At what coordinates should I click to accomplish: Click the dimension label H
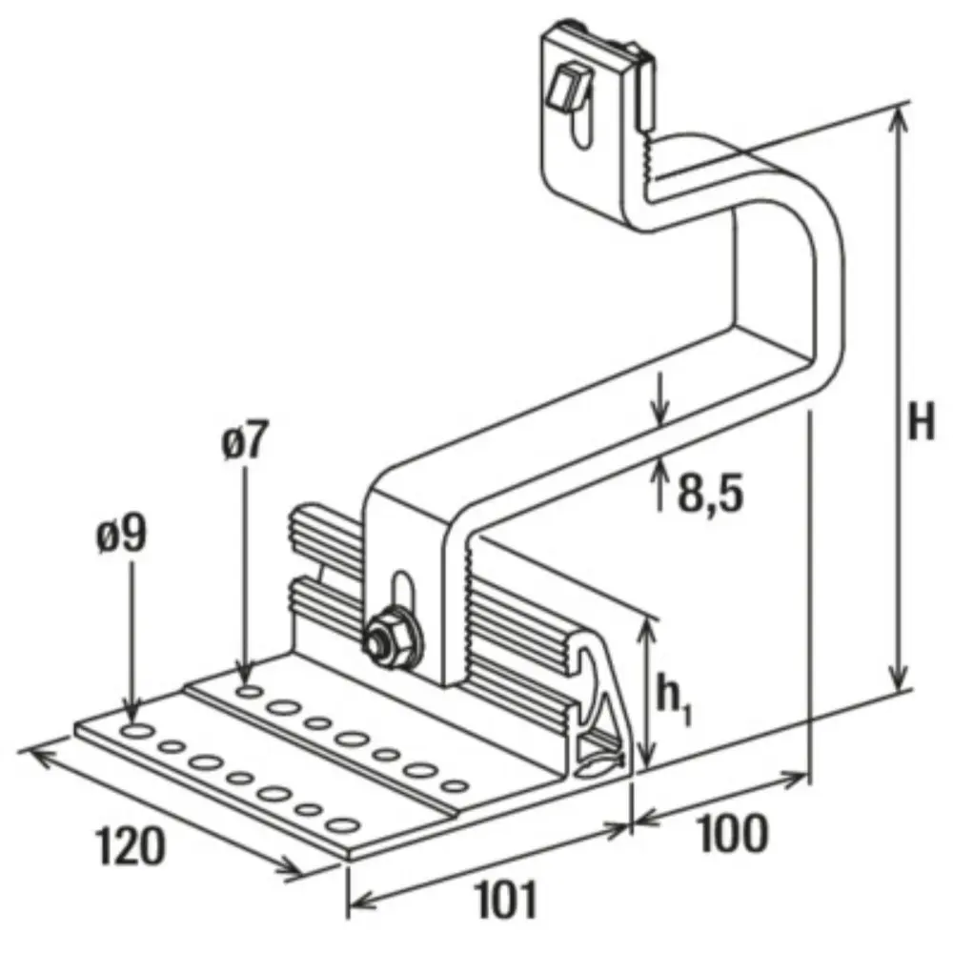(x=921, y=422)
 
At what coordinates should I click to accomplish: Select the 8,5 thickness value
(x=711, y=493)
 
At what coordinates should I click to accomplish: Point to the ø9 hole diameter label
(x=122, y=535)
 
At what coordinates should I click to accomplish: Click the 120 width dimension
(x=131, y=845)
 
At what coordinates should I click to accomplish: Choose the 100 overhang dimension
(x=734, y=834)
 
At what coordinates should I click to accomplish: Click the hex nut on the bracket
(x=391, y=638)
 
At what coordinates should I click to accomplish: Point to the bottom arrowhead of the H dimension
(x=899, y=677)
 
